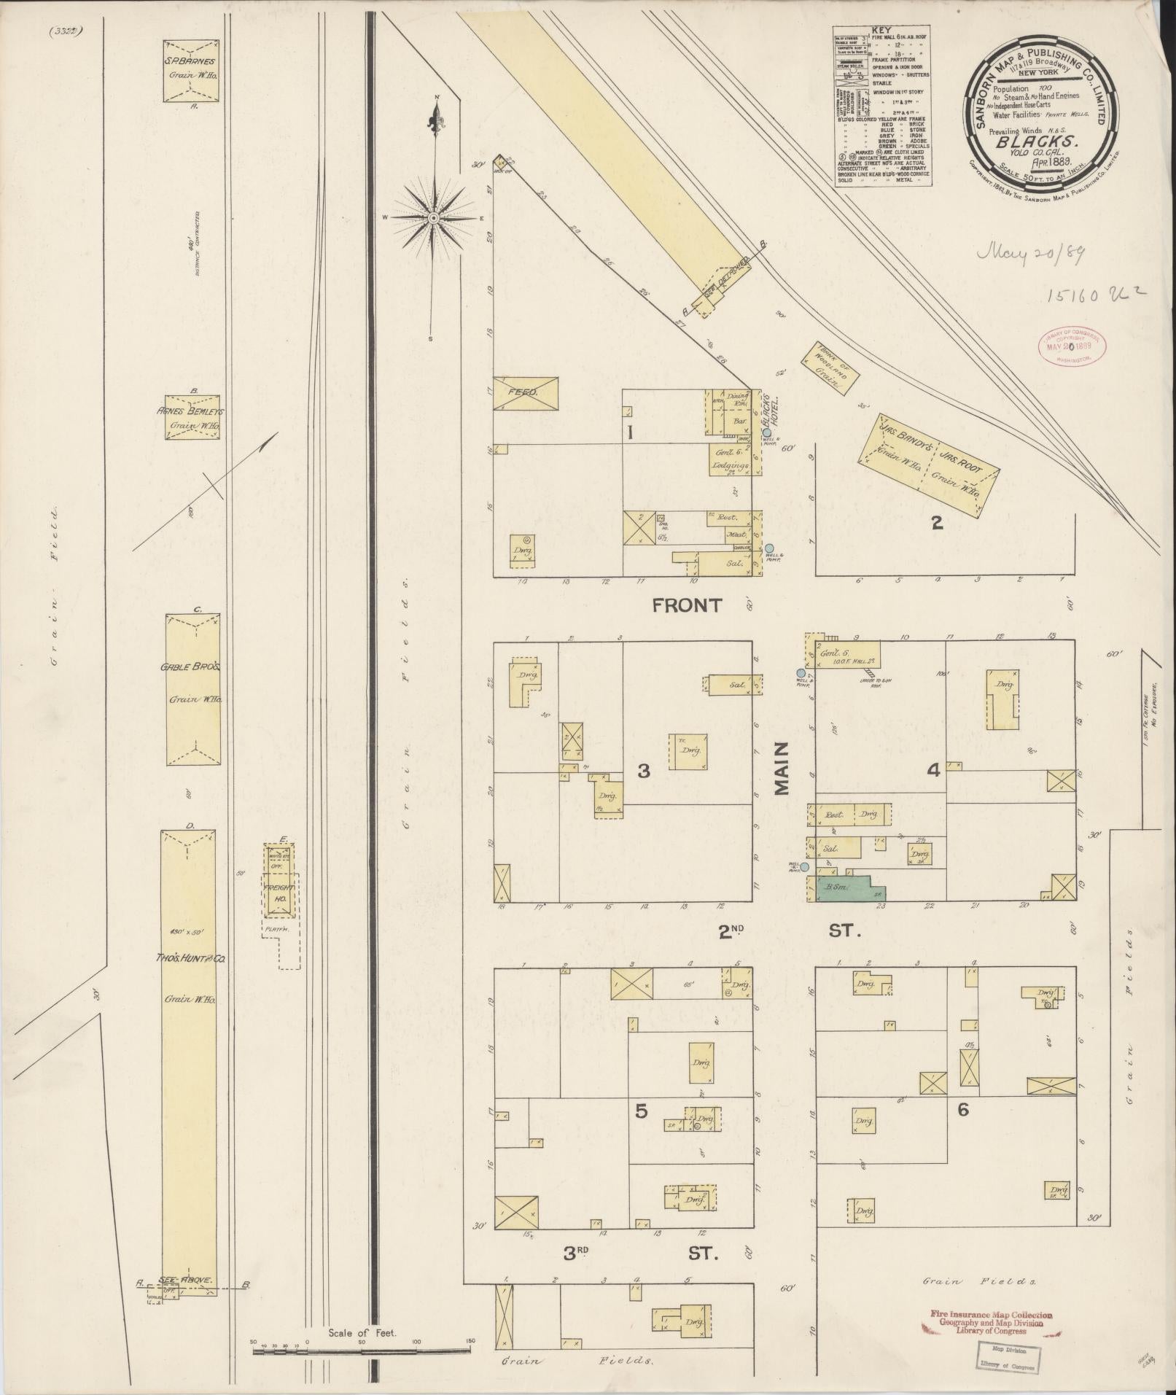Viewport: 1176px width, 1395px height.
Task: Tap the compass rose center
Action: click(x=434, y=217)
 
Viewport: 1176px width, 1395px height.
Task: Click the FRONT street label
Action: click(x=687, y=605)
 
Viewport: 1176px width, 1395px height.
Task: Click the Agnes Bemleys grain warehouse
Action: click(x=192, y=418)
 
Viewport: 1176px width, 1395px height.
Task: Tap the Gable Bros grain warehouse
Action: click(x=193, y=689)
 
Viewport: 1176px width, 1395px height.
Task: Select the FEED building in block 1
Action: click(x=526, y=392)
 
